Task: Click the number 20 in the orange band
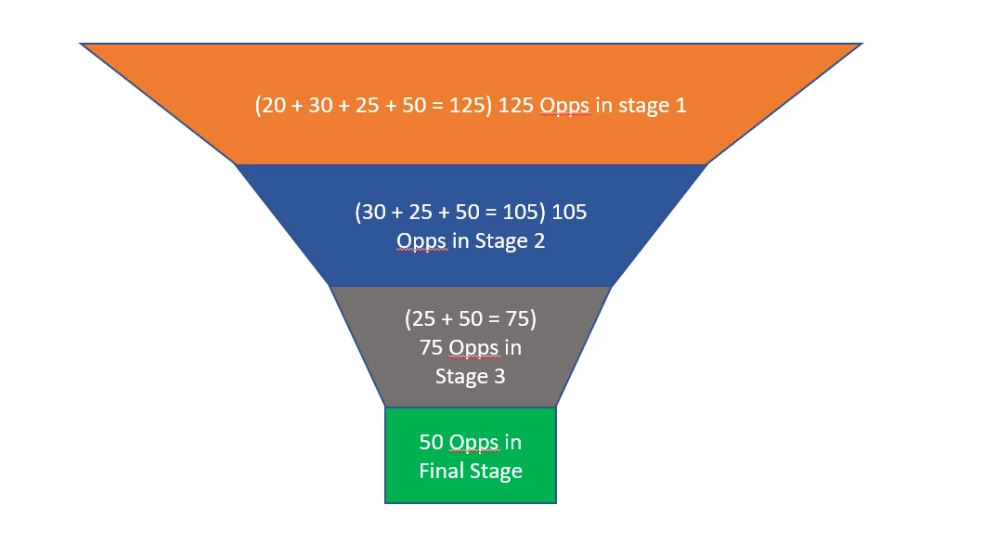click(x=273, y=106)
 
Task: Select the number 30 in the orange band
click(x=320, y=106)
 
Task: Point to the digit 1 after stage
click(x=680, y=106)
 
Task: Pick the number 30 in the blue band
click(x=373, y=213)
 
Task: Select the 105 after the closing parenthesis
click(x=569, y=213)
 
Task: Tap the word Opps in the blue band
click(x=421, y=241)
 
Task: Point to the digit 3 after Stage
click(x=499, y=377)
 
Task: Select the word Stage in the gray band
click(x=461, y=377)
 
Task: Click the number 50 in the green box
click(x=432, y=442)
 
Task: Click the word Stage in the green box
click(x=496, y=471)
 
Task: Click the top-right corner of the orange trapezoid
click(x=861, y=44)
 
